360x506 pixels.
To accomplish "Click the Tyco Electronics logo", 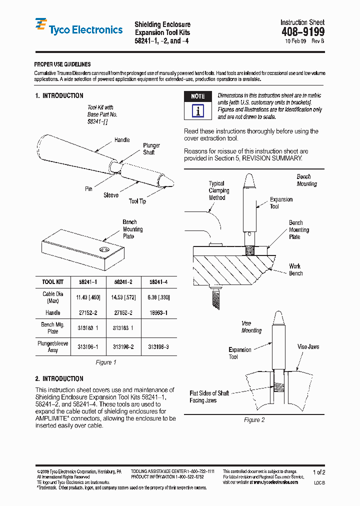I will pos(78,29).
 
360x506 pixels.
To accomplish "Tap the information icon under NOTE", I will pos(198,111).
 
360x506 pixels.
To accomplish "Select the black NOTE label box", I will pos(198,96).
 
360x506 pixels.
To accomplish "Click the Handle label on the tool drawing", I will pos(122,140).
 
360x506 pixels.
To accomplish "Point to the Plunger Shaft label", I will pos(151,148).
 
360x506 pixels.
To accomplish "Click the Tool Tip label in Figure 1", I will pos(137,201).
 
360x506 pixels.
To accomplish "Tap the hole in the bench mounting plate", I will pos(104,249).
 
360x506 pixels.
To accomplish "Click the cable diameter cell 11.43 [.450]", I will pos(88,297).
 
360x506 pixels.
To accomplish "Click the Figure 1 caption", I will pos(105,362).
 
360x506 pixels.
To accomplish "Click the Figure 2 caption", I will pos(254,420).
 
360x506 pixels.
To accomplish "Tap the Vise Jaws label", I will pos(308,346).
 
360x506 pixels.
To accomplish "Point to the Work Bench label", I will pos(295,269).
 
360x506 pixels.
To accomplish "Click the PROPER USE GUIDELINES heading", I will pos(62,64).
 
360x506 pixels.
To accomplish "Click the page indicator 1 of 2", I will pos(319,472).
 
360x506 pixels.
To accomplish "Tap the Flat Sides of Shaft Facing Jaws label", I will pos(209,397).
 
